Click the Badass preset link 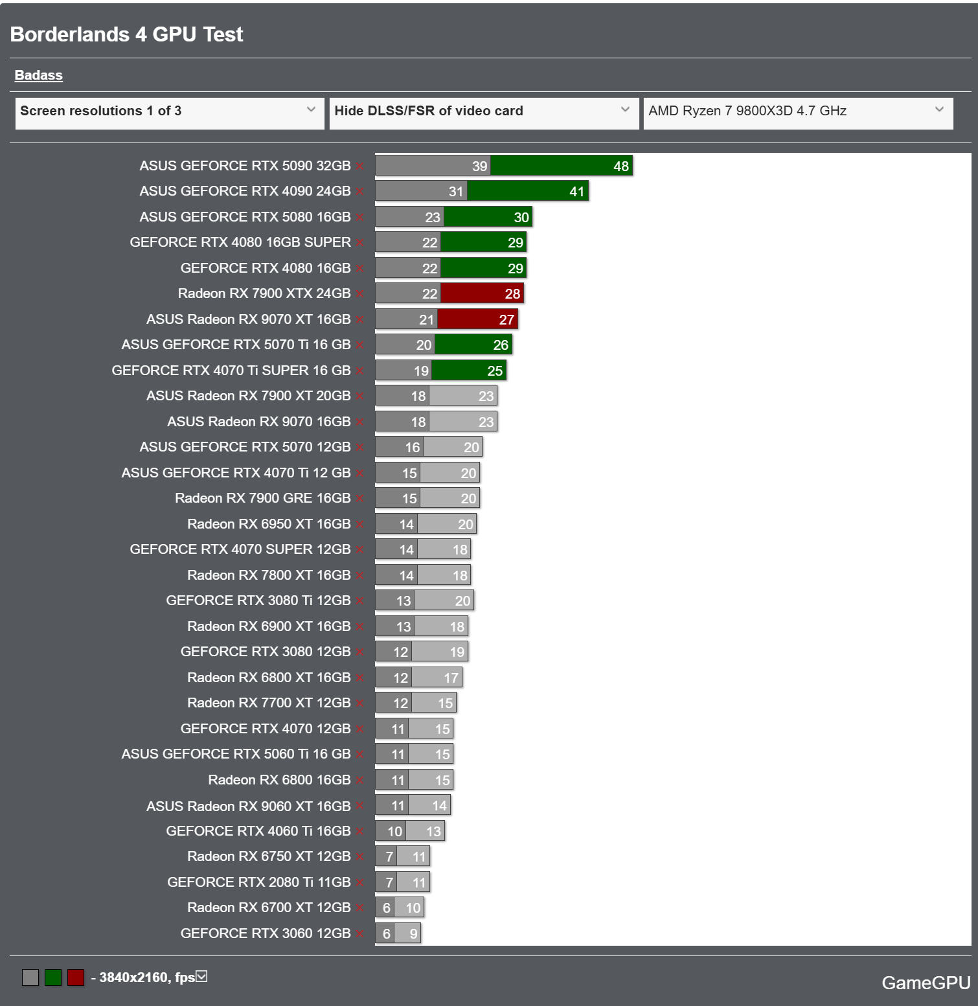pos(39,75)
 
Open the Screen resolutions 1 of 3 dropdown pos(169,111)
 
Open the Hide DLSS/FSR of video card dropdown pos(483,111)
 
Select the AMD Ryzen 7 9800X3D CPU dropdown pos(797,111)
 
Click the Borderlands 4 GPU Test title pos(127,34)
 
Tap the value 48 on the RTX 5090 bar pos(620,166)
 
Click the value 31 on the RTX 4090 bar pos(456,192)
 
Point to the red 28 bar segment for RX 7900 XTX pos(483,294)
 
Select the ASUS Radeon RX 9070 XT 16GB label pos(248,319)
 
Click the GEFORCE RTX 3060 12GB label pos(265,933)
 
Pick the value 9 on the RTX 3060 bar pos(413,934)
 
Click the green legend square pos(53,977)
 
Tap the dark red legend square pos(76,977)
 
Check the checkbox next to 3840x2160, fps pos(202,976)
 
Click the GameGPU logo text pos(926,983)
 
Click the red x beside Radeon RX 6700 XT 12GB pos(359,908)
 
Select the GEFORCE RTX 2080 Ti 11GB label pos(258,882)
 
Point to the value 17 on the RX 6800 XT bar pos(451,678)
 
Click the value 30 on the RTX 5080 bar pos(521,218)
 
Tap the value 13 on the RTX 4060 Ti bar pos(433,832)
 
